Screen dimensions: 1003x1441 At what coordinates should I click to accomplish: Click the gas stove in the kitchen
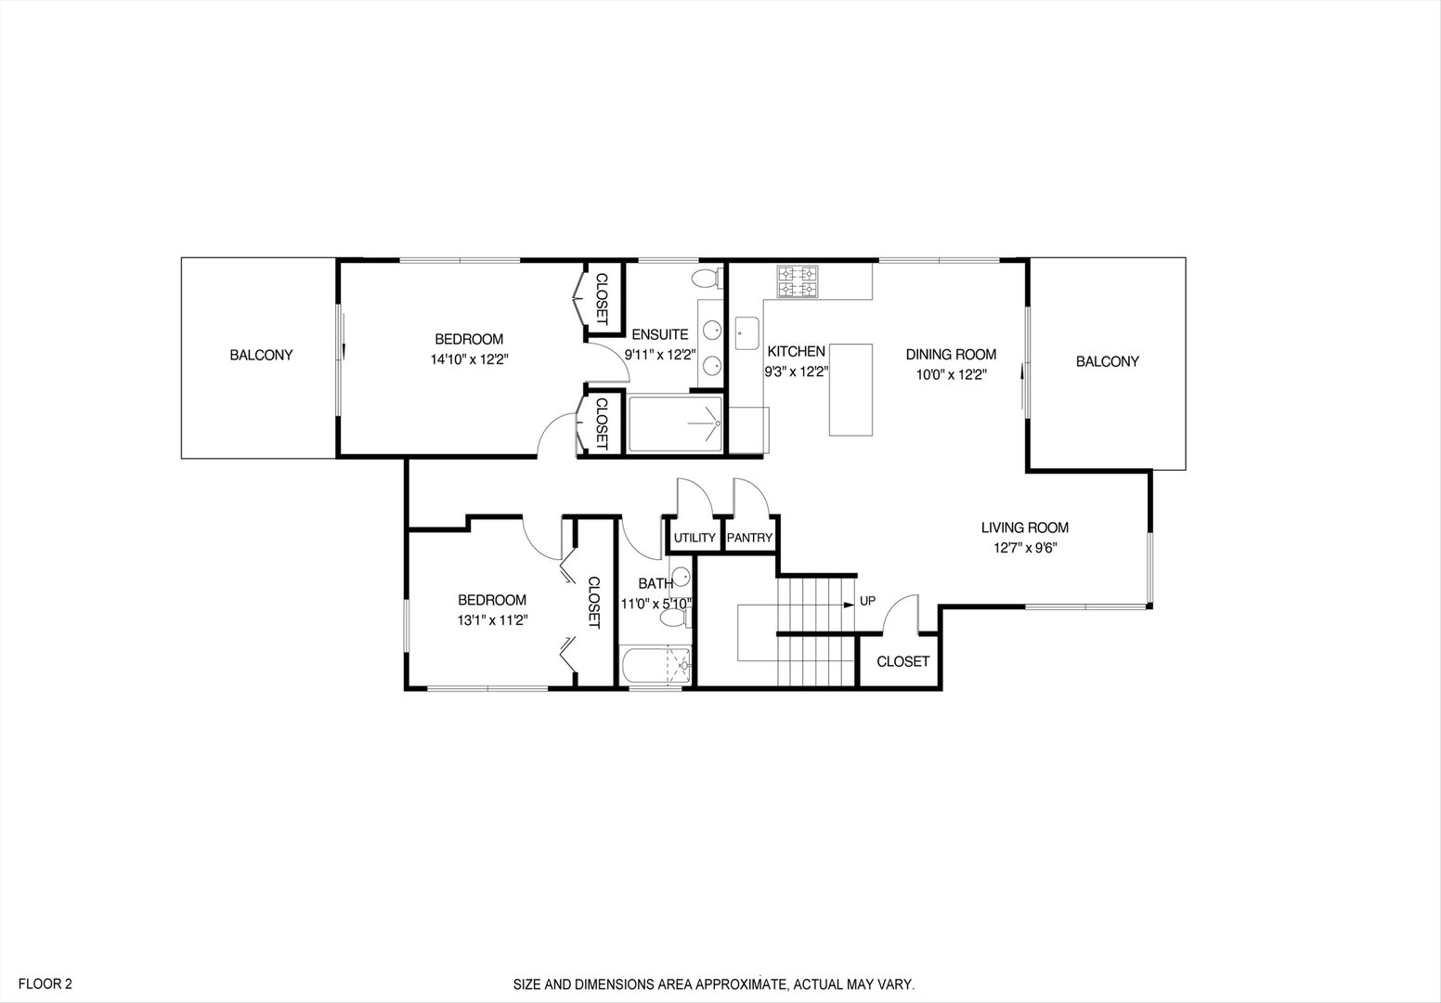[798, 282]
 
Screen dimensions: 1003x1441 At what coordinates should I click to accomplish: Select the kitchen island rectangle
[851, 389]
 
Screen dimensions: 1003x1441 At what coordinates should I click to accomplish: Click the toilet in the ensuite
[708, 278]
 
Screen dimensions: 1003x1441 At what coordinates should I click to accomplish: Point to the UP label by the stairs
[867, 601]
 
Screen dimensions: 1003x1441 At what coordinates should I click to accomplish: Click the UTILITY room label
[695, 538]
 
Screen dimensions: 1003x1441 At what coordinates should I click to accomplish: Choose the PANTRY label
[749, 538]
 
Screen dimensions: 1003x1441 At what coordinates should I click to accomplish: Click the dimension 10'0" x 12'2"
[951, 375]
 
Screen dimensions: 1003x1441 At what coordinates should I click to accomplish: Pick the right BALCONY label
[1107, 361]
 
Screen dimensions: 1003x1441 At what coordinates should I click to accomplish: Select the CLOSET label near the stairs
[902, 661]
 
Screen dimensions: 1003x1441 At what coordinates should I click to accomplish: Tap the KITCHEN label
[796, 352]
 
